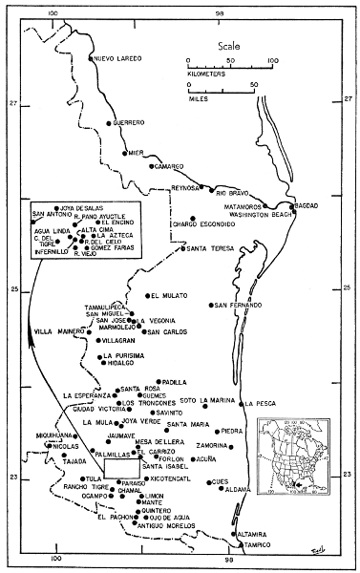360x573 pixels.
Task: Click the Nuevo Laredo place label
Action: click(117, 59)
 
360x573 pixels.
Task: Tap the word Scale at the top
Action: click(229, 45)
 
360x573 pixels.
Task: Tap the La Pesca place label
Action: click(264, 403)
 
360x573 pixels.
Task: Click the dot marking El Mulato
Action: click(147, 296)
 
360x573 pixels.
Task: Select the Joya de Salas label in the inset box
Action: click(82, 207)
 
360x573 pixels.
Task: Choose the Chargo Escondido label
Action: click(203, 225)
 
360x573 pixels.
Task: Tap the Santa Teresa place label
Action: click(210, 249)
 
